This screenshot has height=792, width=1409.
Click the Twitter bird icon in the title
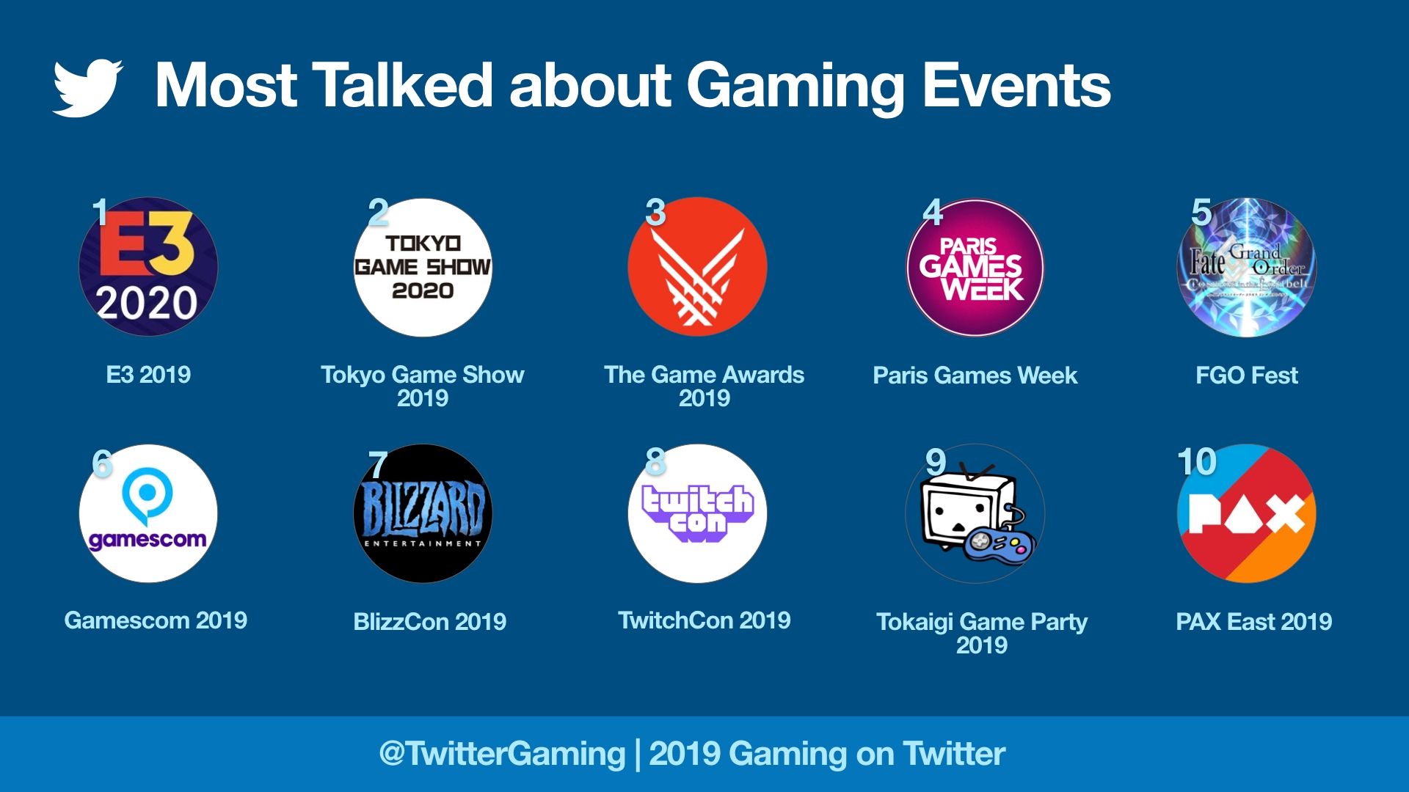pos(87,87)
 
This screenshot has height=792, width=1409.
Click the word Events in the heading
pos(1016,85)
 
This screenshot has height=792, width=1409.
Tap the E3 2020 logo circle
pos(148,267)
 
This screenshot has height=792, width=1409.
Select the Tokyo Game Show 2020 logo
pos(423,267)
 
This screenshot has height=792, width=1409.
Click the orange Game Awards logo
pos(697,267)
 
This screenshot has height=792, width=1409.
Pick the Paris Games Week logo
pos(975,267)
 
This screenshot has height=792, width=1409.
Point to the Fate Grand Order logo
pos(1246,267)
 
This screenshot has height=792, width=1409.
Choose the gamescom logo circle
pos(148,513)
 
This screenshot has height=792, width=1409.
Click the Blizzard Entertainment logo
pos(423,513)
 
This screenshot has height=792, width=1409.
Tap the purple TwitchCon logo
pos(697,513)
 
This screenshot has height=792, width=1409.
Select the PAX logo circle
pos(1246,513)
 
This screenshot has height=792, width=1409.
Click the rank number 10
pos(1196,462)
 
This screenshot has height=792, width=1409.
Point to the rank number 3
pos(655,213)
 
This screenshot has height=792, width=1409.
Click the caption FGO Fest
pos(1246,375)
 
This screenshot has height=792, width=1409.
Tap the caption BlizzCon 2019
pos(429,622)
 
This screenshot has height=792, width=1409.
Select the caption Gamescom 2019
pos(156,620)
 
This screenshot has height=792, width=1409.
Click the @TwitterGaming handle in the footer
pos(502,754)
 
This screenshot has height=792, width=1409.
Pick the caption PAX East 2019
pos(1253,622)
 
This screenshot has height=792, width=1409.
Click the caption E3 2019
pos(148,375)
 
